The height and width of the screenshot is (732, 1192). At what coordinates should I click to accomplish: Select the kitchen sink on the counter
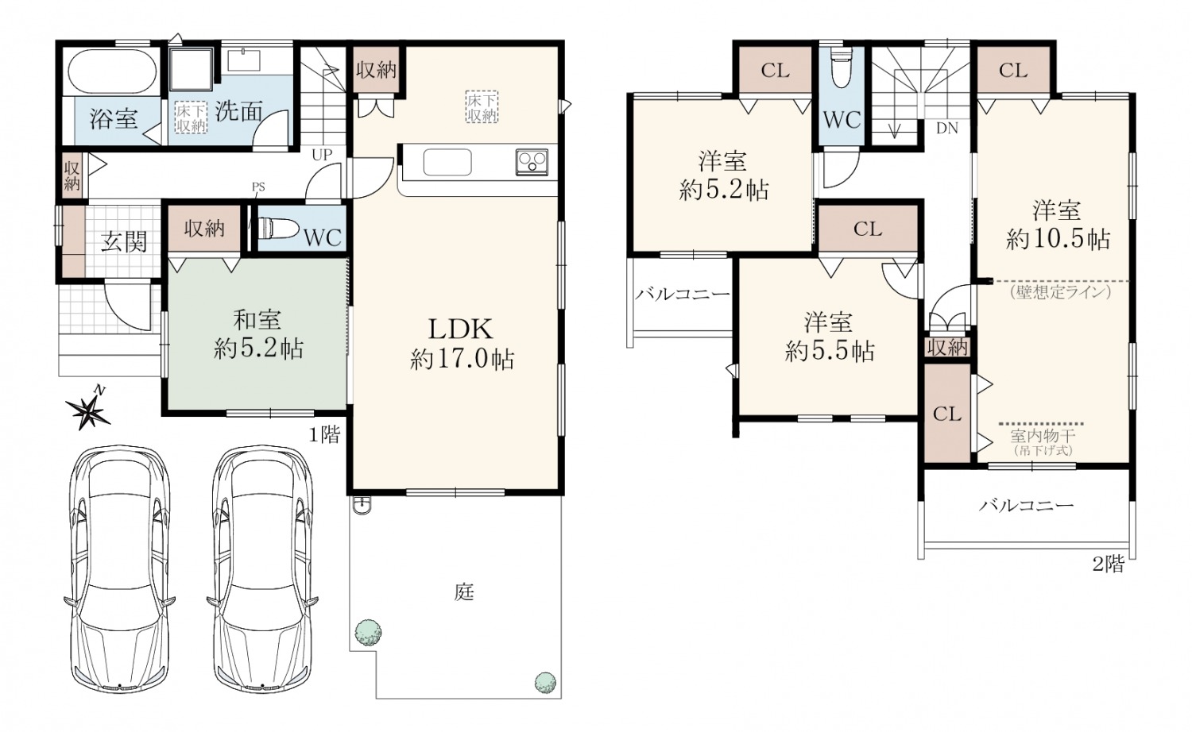pyautogui.click(x=447, y=162)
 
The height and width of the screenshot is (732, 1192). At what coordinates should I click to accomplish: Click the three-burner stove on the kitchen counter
pyautogui.click(x=532, y=162)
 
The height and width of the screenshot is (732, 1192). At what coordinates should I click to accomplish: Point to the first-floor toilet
pyautogui.click(x=278, y=229)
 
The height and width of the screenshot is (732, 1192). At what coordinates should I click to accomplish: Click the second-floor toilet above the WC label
pyautogui.click(x=842, y=67)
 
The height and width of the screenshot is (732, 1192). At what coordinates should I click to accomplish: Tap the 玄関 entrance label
pyautogui.click(x=124, y=242)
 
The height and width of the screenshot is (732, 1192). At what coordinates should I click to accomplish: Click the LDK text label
pyautogui.click(x=461, y=329)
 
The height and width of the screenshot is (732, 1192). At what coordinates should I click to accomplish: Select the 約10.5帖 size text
pyautogui.click(x=1058, y=240)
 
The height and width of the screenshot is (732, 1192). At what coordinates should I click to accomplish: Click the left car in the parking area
pyautogui.click(x=120, y=568)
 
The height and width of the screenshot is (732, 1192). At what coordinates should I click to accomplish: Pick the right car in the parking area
pyautogui.click(x=263, y=568)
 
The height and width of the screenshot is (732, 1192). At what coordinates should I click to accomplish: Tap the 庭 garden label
pyautogui.click(x=465, y=591)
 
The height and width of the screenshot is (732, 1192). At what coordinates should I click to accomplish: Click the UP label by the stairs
pyautogui.click(x=322, y=155)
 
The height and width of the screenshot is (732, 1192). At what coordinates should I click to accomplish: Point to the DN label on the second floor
pyautogui.click(x=946, y=128)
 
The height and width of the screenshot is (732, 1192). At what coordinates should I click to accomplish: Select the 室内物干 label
pyautogui.click(x=1043, y=437)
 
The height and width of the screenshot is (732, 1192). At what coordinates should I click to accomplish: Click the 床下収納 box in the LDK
pyautogui.click(x=482, y=107)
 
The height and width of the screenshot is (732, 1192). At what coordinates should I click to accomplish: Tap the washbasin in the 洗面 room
pyautogui.click(x=244, y=60)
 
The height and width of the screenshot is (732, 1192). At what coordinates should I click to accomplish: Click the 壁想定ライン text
pyautogui.click(x=1061, y=291)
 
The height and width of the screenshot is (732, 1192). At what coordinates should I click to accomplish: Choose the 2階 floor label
pyautogui.click(x=1109, y=564)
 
